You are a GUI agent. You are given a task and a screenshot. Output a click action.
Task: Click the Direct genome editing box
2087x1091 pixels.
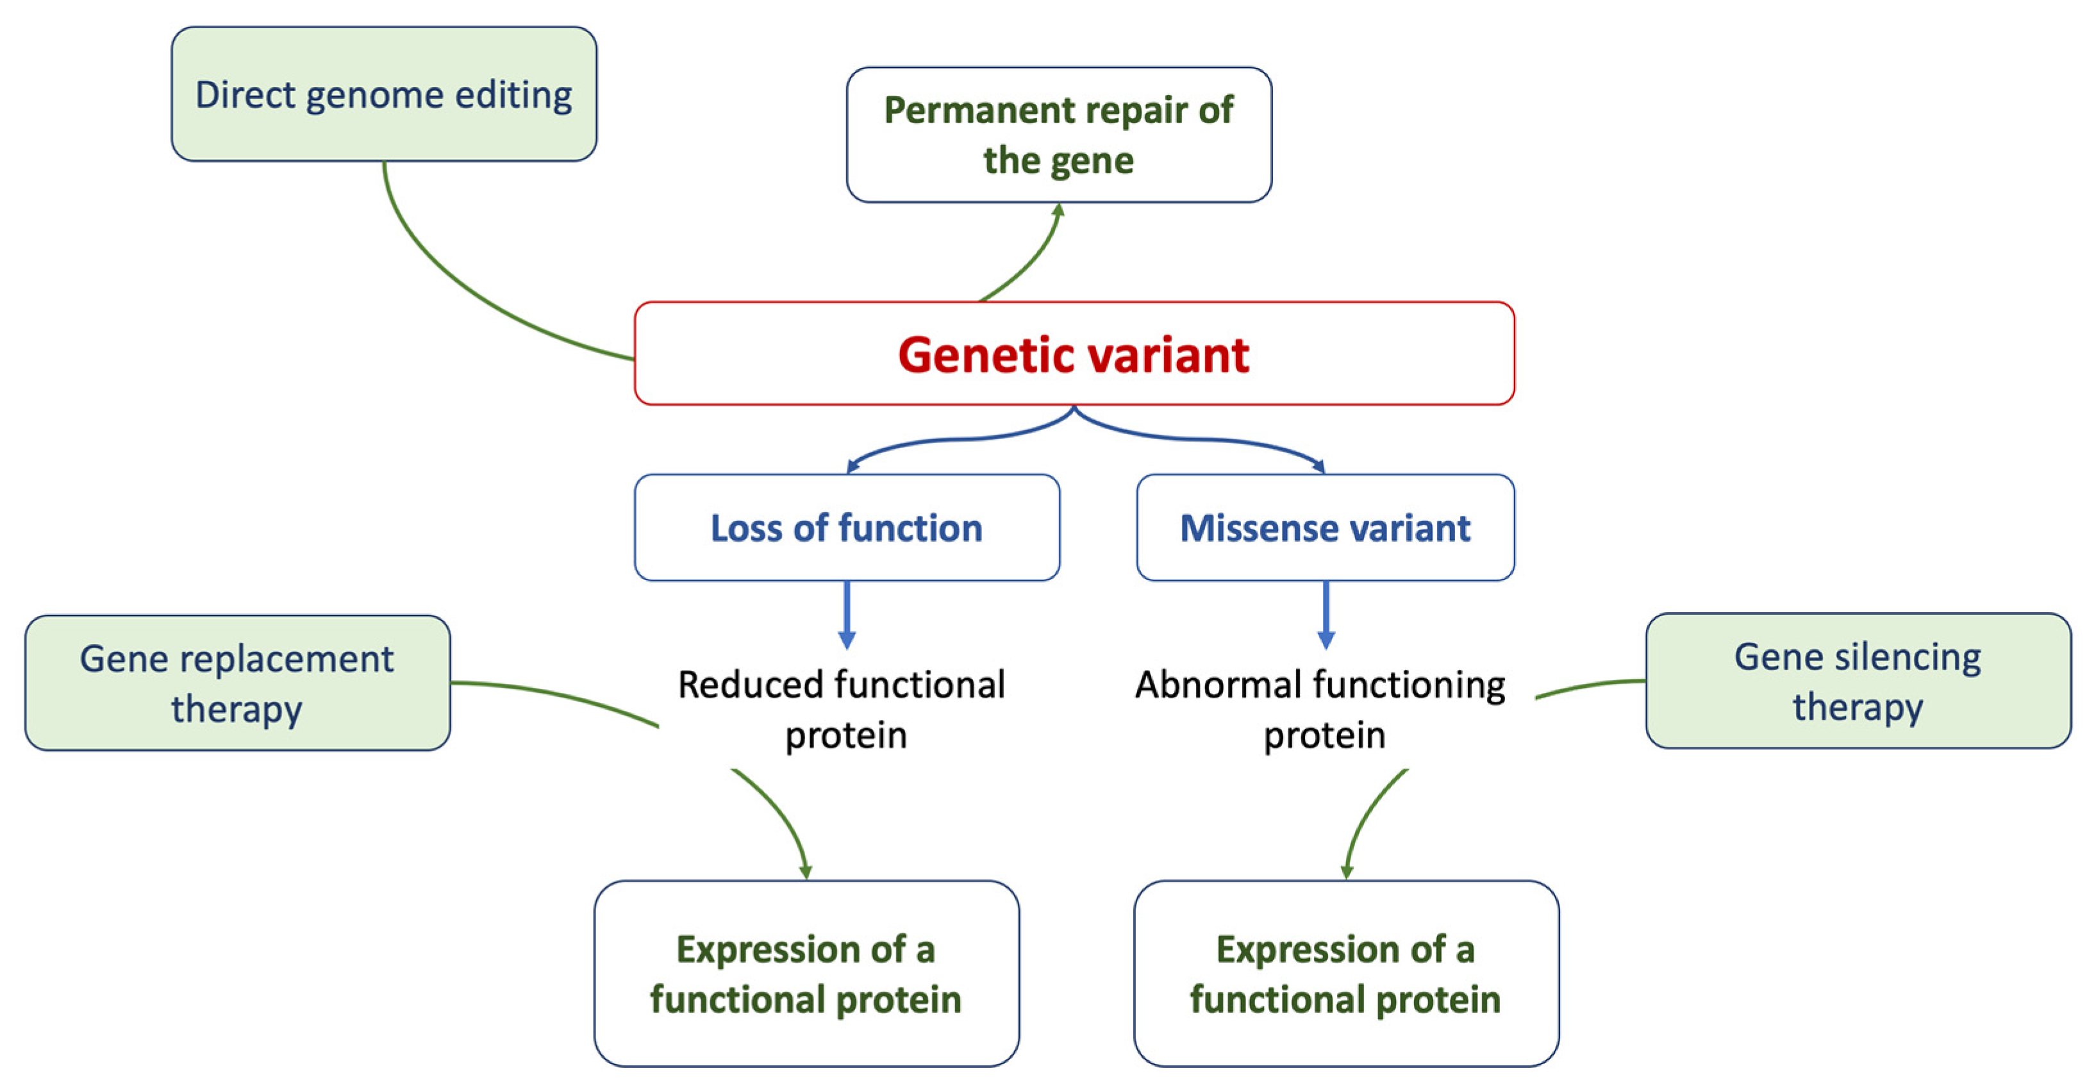pos(384,94)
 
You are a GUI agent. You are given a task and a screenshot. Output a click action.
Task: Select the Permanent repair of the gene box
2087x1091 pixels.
pos(1059,135)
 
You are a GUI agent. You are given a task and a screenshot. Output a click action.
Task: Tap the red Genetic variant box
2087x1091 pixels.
pos(1074,353)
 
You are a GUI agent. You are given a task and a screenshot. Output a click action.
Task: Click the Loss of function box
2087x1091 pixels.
pos(847,528)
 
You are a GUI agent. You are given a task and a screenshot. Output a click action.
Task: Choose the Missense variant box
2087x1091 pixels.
pos(1326,528)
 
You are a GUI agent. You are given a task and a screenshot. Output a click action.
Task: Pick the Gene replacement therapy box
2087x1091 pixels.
pos(237,683)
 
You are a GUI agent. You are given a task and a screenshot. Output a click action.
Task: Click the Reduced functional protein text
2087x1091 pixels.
pos(843,709)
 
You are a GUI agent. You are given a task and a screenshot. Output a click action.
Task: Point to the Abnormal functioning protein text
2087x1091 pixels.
pos(1320,709)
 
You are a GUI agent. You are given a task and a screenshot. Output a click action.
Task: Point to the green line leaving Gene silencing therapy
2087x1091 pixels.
pos(1590,686)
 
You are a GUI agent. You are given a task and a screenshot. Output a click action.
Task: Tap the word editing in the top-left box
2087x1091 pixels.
pos(513,96)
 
